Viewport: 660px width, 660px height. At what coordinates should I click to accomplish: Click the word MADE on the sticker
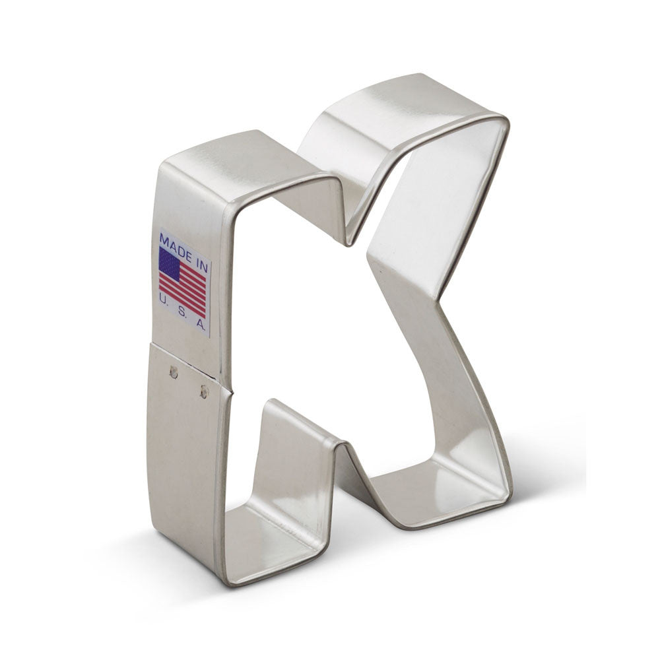tap(175, 246)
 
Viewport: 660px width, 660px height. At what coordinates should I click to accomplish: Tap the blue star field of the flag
tap(169, 259)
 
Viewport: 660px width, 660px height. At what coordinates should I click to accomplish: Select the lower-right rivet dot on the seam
tap(204, 391)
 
